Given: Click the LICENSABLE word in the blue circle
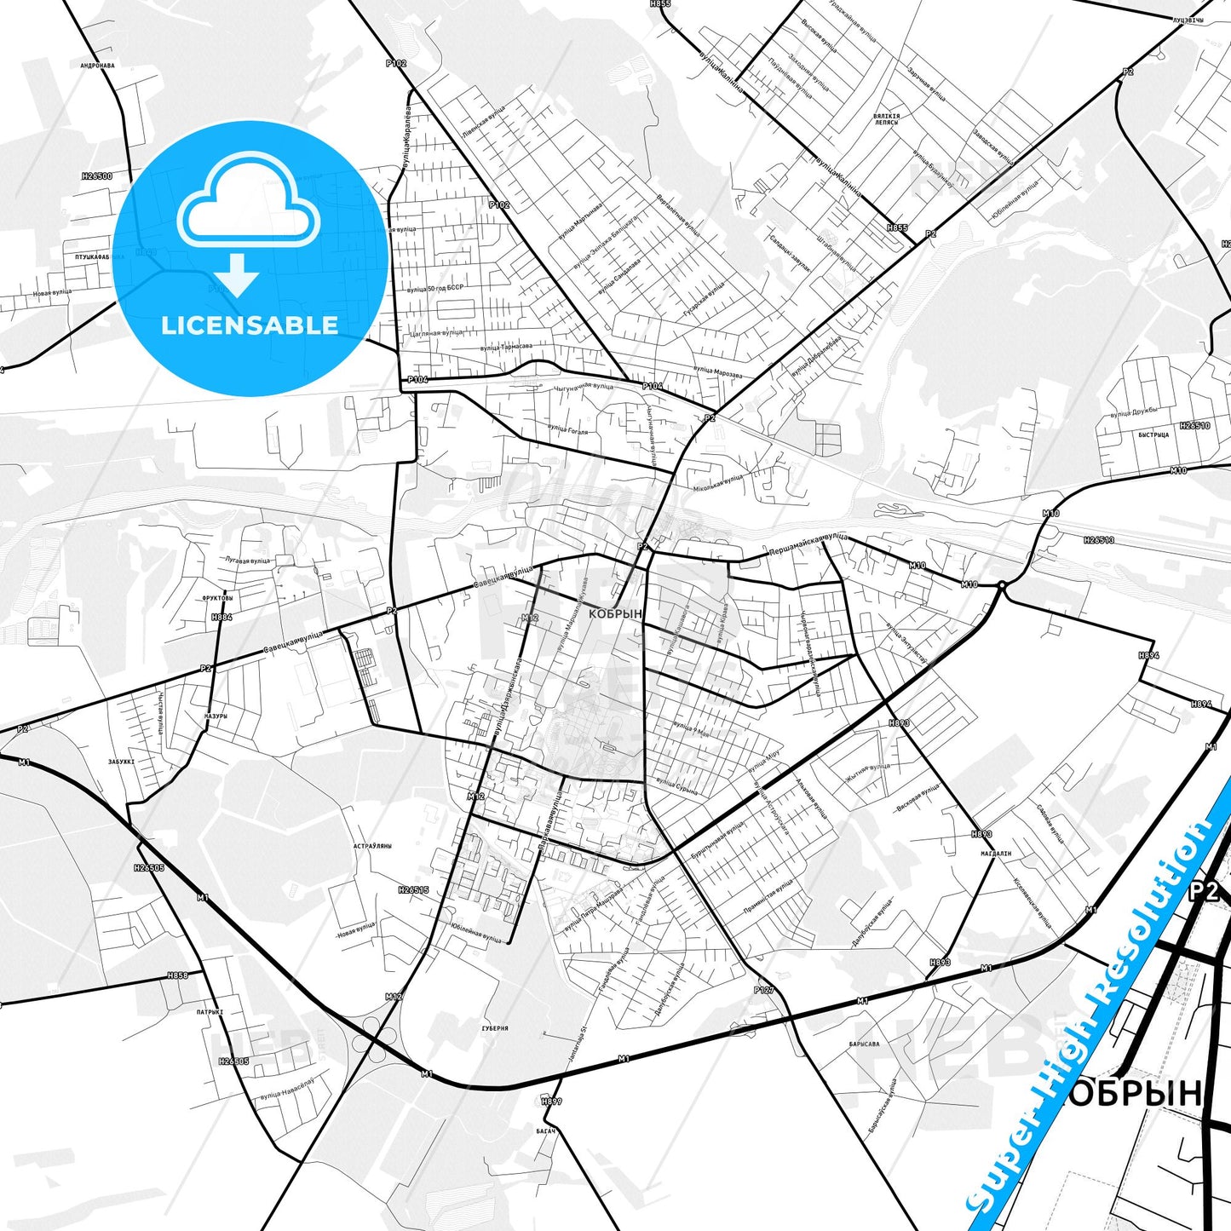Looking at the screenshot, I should point(250,325).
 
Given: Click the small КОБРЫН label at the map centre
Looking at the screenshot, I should point(615,613).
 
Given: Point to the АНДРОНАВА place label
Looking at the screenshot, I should point(97,65).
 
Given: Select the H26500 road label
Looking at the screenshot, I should point(96,176).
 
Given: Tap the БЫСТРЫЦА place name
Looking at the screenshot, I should point(1153,434).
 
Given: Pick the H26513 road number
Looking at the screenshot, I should point(1099,540).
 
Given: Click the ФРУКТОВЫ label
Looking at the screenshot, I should point(217,598).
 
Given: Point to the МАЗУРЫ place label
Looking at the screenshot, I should point(216,716).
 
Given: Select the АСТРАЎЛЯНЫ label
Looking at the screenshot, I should point(372,846).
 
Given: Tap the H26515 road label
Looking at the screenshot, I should point(413,889).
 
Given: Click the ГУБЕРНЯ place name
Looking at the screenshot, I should point(495,1028).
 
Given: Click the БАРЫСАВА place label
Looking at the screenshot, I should point(864,1044).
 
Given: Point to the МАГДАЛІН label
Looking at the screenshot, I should point(996,854).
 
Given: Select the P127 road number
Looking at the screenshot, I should point(763,990).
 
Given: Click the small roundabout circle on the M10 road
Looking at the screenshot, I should point(1003,585).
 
